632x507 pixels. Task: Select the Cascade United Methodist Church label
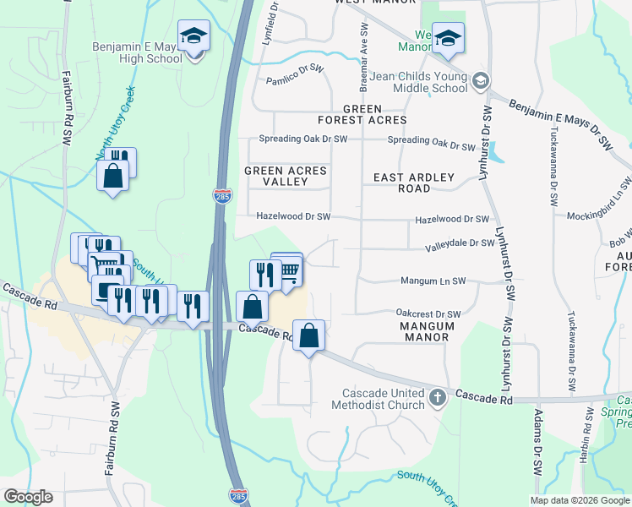tap(383, 399)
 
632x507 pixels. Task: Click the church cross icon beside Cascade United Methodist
tap(437, 397)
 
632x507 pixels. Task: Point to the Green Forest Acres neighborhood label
tap(374, 115)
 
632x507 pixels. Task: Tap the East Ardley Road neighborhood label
tap(414, 183)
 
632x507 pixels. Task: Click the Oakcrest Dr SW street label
tap(428, 313)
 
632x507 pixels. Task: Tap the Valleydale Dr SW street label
tap(460, 243)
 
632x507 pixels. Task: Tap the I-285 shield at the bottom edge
tap(240, 495)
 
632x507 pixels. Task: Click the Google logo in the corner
tap(28, 497)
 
